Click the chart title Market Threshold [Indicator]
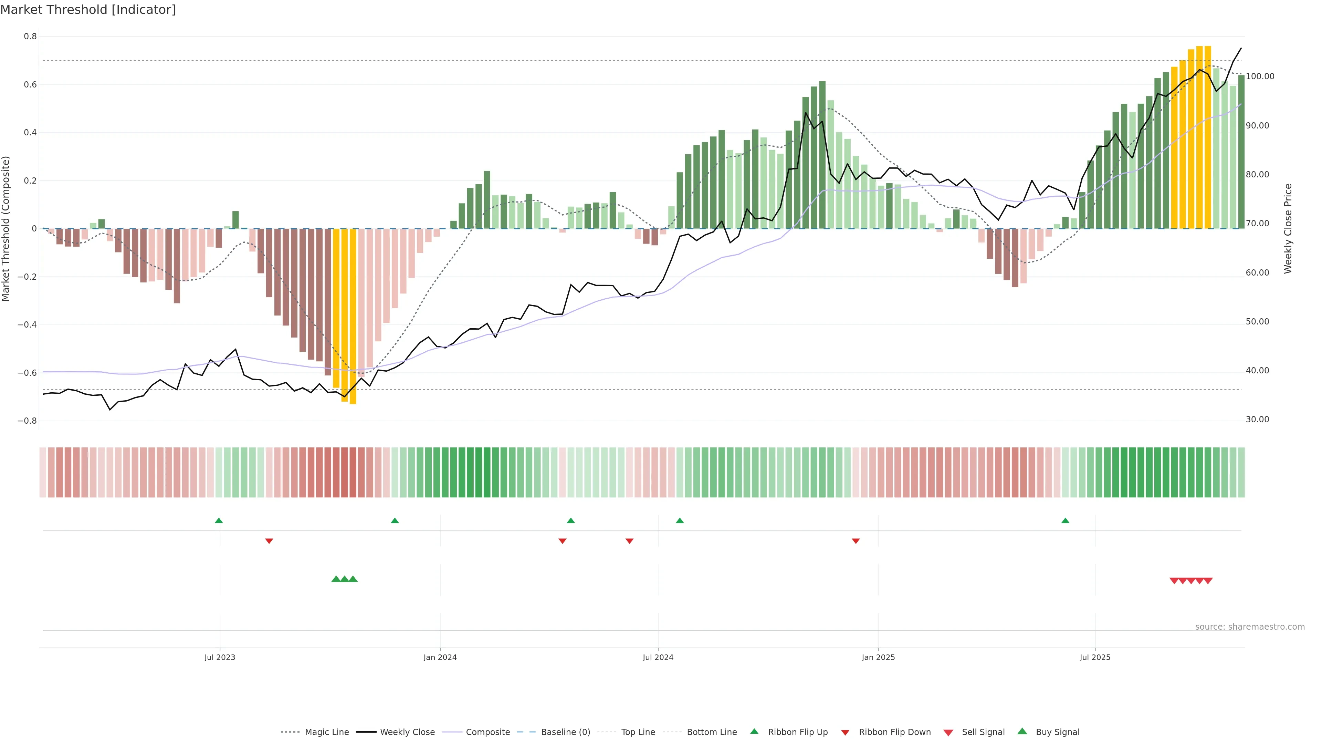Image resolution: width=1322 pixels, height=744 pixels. pyautogui.click(x=88, y=10)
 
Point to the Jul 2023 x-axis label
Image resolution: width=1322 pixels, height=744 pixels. pyautogui.click(x=220, y=657)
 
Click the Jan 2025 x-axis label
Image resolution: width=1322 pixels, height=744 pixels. pyautogui.click(x=878, y=657)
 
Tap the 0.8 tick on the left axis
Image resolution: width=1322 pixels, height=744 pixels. pyautogui.click(x=30, y=37)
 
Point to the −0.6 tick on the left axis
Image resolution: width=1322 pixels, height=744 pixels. pyautogui.click(x=27, y=373)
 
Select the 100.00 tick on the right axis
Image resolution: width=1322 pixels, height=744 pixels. pyautogui.click(x=1260, y=76)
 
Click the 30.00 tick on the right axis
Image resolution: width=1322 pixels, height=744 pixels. pyautogui.click(x=1257, y=420)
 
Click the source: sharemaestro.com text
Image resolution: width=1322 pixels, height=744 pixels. pyautogui.click(x=1250, y=627)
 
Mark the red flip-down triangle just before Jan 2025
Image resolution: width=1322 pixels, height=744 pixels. pyautogui.click(x=856, y=541)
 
